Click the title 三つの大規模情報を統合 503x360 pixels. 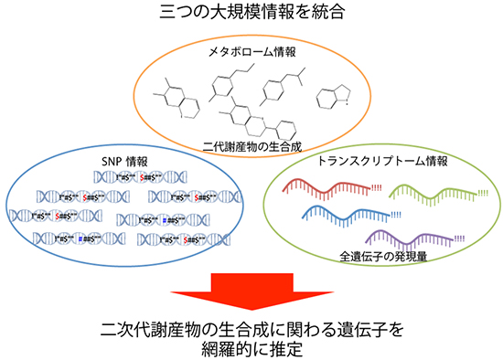point(251,12)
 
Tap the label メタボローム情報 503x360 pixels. point(251,52)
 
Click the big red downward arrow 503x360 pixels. point(251,291)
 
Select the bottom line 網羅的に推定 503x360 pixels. point(251,348)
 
